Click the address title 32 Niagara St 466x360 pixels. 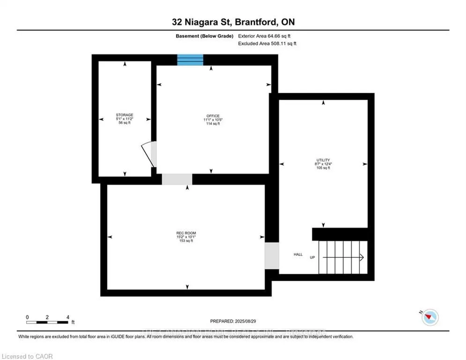pyautogui.click(x=233, y=22)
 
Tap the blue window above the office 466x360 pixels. pyautogui.click(x=190, y=60)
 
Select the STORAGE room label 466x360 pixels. pyautogui.click(x=125, y=115)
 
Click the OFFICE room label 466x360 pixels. pyautogui.click(x=213, y=116)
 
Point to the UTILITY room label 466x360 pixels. pyautogui.click(x=323, y=160)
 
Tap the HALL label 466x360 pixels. pyautogui.click(x=298, y=255)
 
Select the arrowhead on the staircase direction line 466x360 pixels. pyautogui.click(x=362, y=257)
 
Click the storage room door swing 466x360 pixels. pyautogui.click(x=148, y=154)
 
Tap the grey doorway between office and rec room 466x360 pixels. pyautogui.click(x=177, y=179)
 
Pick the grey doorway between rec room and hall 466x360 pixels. pyautogui.click(x=271, y=256)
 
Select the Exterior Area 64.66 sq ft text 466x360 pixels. pyautogui.click(x=267, y=36)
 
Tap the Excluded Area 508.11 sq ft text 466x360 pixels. pyautogui.click(x=267, y=43)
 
